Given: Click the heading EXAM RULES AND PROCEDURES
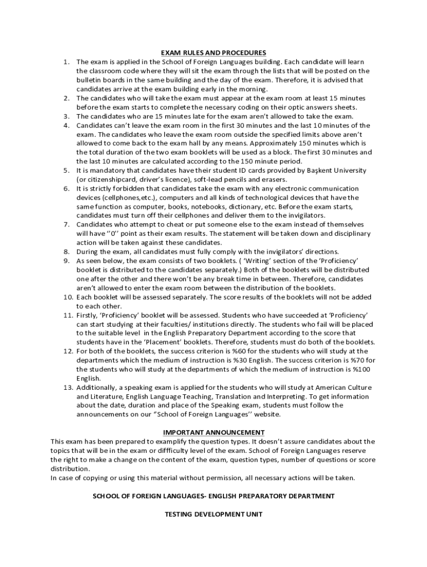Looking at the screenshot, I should click(213, 53).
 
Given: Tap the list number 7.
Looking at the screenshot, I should click(65, 224).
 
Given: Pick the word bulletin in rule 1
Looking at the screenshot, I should click(89, 80).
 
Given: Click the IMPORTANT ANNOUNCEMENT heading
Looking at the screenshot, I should click(213, 432).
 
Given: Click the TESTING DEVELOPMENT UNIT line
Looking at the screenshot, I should click(213, 514).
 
